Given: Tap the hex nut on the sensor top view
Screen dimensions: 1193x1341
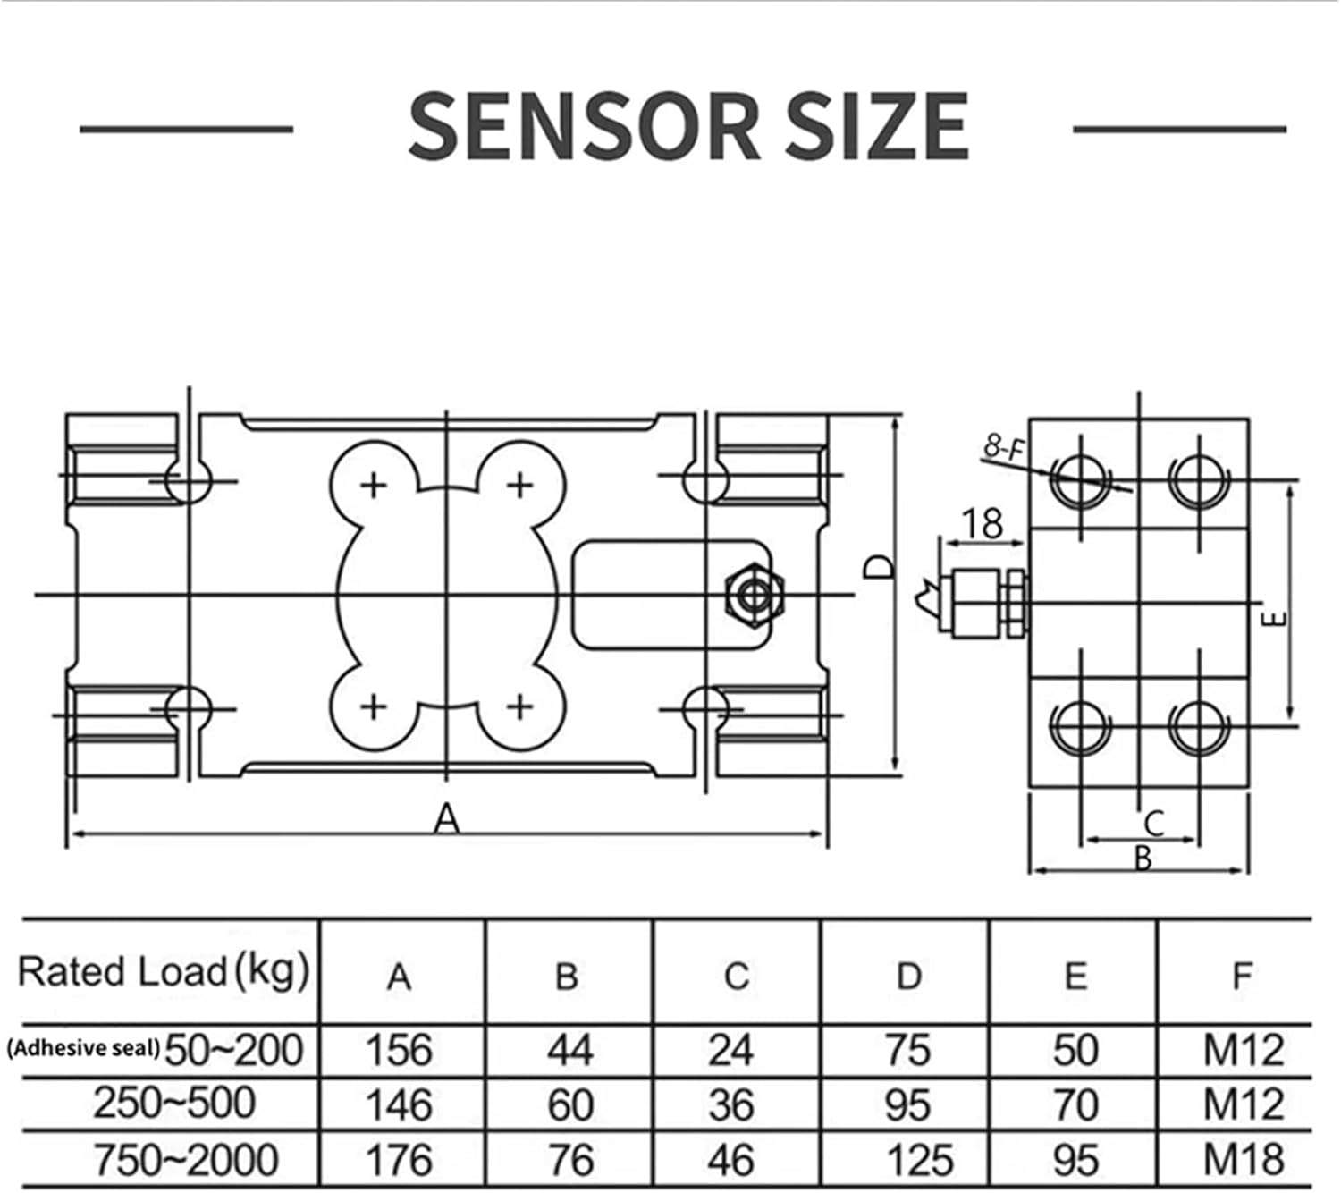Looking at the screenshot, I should tap(755, 595).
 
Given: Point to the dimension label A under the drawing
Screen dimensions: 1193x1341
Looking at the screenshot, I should tap(446, 817).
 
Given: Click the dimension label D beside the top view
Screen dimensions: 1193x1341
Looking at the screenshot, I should tap(880, 567).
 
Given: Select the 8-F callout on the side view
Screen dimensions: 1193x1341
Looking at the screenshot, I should tap(1003, 447).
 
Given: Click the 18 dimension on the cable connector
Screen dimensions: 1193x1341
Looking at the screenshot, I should tap(983, 523).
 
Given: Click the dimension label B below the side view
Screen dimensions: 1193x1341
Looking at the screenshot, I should tap(1143, 859).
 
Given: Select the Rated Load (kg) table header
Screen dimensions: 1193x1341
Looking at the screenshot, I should tap(164, 972).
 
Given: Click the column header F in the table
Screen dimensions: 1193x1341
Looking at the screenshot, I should tap(1242, 976).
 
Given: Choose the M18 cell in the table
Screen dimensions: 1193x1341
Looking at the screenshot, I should tap(1244, 1160).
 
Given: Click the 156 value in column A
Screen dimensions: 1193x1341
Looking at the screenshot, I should tap(399, 1050).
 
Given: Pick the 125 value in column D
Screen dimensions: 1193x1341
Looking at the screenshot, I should tap(920, 1160).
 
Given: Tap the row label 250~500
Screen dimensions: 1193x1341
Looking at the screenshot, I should tap(174, 1104).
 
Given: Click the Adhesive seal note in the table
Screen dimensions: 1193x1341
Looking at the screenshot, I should tap(83, 1048).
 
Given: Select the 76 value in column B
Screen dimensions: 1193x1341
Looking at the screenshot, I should tap(569, 1160).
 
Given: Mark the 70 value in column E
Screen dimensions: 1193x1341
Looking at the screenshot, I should tap(1075, 1105).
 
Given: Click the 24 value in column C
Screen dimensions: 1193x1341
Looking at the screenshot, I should tap(730, 1050).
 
